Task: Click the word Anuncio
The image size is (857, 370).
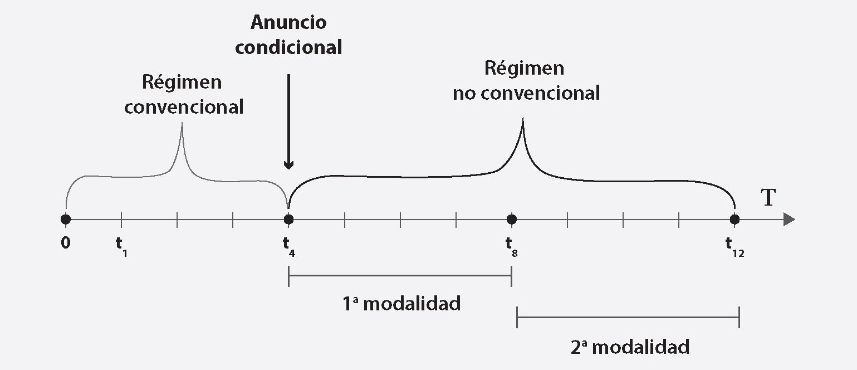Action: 288,23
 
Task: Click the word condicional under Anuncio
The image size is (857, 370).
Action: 288,47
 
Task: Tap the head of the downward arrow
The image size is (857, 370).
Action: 288,164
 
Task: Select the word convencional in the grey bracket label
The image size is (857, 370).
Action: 184,106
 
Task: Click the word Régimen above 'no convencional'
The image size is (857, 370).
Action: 524,68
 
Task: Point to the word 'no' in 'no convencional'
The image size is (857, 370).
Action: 464,93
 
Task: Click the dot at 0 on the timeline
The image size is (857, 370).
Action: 66,220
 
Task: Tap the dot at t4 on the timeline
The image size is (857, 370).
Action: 288,220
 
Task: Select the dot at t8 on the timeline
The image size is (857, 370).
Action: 512,220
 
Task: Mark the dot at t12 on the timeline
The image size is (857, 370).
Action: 735,220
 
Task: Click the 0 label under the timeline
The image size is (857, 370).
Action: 66,243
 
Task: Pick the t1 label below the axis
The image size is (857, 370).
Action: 121,245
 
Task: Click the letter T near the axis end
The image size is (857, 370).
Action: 768,198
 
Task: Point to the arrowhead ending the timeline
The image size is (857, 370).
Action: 789,220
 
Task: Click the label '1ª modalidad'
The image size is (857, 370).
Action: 401,304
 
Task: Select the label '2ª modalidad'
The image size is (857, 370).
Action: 630,347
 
